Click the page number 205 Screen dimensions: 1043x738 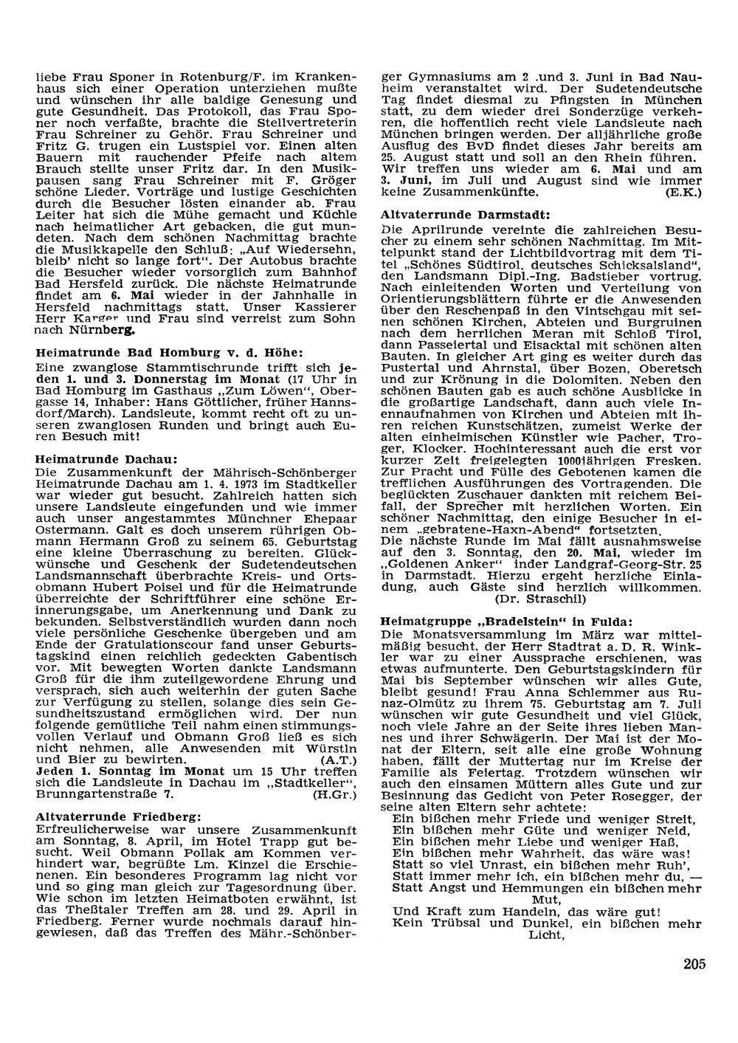694,963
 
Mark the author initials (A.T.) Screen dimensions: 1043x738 339,759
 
